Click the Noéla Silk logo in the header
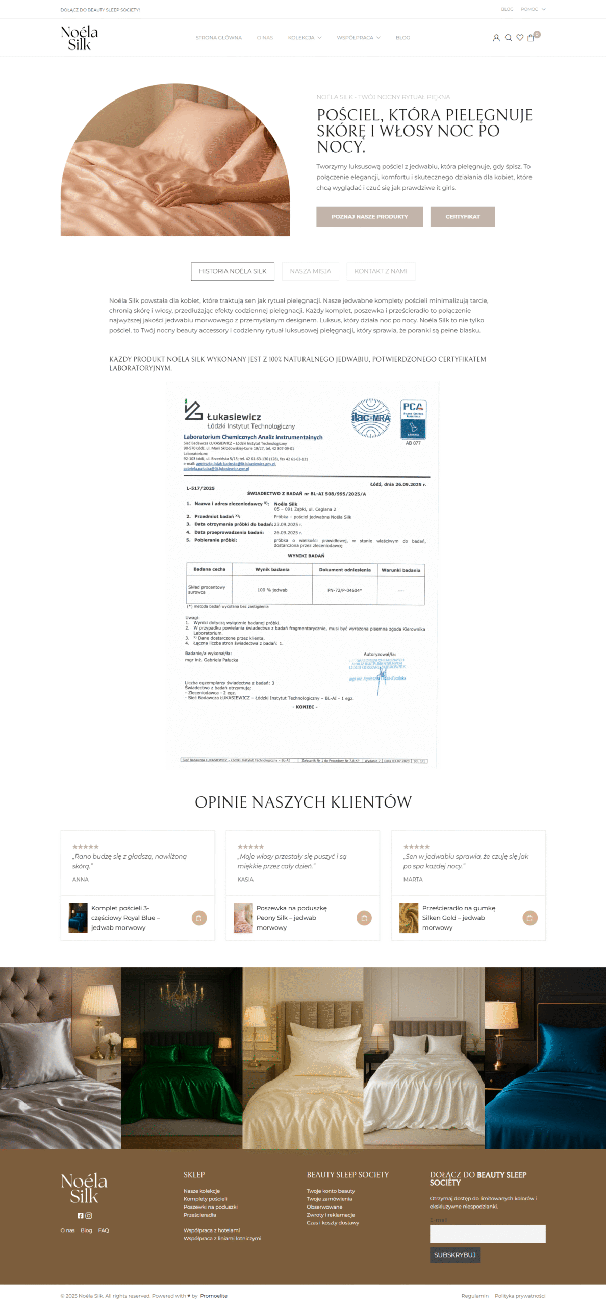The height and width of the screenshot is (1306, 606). pyautogui.click(x=79, y=38)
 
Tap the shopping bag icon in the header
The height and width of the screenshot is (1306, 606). pyautogui.click(x=531, y=38)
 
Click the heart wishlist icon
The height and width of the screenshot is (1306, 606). pyautogui.click(x=520, y=38)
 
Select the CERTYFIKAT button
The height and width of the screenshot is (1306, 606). pyautogui.click(x=462, y=216)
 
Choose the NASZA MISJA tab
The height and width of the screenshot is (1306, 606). pyautogui.click(x=310, y=271)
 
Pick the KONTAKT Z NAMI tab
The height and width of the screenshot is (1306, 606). pyautogui.click(x=381, y=271)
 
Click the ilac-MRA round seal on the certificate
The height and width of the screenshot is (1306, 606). pyautogui.click(x=371, y=418)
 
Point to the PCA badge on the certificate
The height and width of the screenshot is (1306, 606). pyautogui.click(x=413, y=419)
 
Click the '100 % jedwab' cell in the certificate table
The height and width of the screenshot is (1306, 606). pyautogui.click(x=272, y=590)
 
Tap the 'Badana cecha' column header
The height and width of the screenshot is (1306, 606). pyautogui.click(x=209, y=569)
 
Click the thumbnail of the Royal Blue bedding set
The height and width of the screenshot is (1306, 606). pyautogui.click(x=78, y=917)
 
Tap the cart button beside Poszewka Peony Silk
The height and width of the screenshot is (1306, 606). pyautogui.click(x=364, y=918)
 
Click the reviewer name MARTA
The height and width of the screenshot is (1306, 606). pyautogui.click(x=413, y=879)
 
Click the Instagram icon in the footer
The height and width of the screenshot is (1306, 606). pyautogui.click(x=89, y=1215)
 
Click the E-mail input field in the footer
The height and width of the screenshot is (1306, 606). pyautogui.click(x=487, y=1234)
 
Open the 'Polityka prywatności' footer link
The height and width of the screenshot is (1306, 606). pyautogui.click(x=519, y=1296)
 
